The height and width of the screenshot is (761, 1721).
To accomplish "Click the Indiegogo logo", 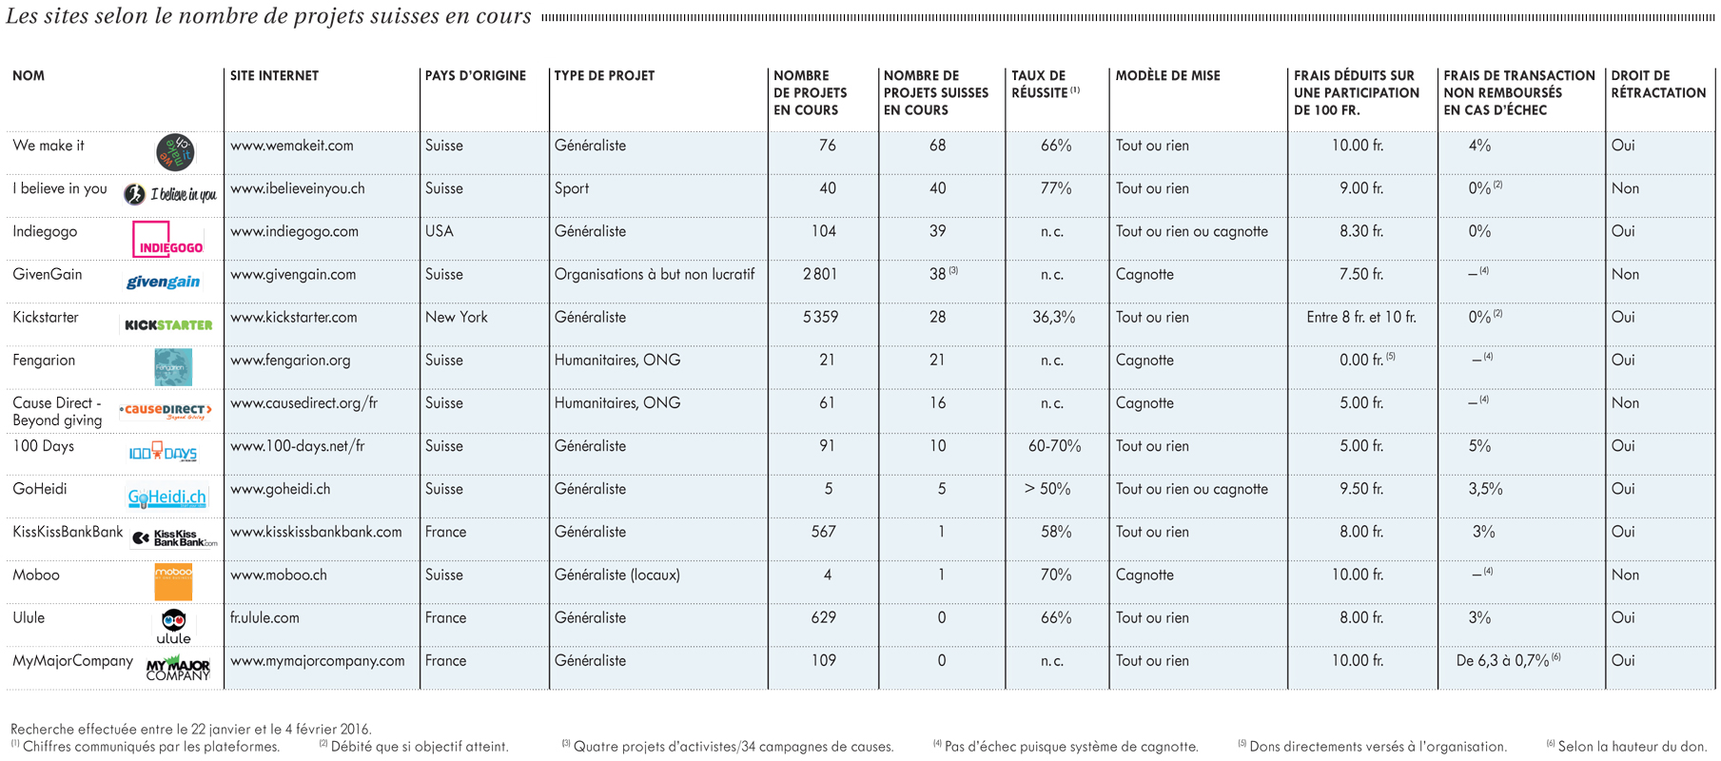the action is (x=168, y=239).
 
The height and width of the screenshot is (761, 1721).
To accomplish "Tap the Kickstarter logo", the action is (x=168, y=324).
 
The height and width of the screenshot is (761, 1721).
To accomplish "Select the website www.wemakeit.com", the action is (x=291, y=146).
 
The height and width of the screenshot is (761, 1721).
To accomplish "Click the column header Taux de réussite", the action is (x=1044, y=85).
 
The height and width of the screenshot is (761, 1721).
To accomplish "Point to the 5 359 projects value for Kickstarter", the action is (x=820, y=317).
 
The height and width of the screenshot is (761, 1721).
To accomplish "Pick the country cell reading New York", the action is (x=457, y=317).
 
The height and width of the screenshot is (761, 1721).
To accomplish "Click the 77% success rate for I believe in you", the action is (x=1056, y=188).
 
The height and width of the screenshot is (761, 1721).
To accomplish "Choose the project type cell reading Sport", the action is (x=572, y=188).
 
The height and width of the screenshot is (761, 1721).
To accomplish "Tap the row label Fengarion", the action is (x=44, y=361).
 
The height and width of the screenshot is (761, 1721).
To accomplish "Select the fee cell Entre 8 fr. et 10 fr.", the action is (x=1361, y=317).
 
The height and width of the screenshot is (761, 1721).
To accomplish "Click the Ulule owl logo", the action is (x=173, y=627).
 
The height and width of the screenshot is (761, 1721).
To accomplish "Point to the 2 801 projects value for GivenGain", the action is (x=820, y=274).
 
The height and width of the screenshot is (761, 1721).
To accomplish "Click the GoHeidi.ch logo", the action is (x=167, y=497).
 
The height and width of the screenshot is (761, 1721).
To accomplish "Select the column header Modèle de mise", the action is (x=1167, y=76).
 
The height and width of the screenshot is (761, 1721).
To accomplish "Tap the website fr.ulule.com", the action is (x=264, y=617).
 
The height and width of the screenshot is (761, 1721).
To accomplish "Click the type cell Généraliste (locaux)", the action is (x=617, y=575).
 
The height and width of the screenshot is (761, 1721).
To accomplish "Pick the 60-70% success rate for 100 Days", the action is (x=1054, y=446).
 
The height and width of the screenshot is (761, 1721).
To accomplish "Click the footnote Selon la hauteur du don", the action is (x=1632, y=746).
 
